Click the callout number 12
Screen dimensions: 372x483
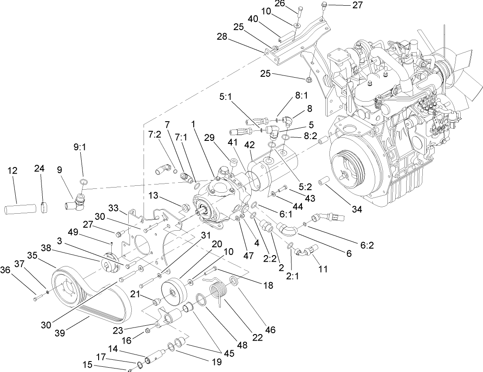tap(13, 170)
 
